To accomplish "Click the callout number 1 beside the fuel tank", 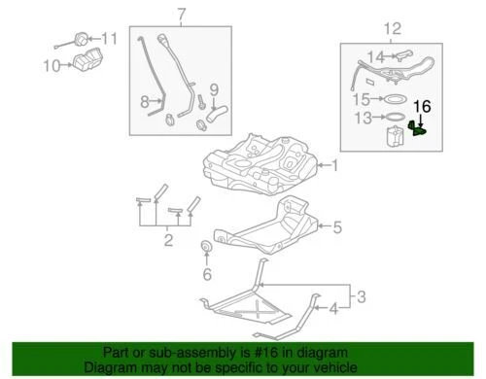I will point(335,165).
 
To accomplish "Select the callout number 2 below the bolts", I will point(167,239).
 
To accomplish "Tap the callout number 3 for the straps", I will point(359,296).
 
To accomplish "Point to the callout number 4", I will point(334,310).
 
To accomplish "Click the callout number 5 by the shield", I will point(337,228).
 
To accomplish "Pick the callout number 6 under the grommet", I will point(206,275).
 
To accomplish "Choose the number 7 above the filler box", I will point(180,14).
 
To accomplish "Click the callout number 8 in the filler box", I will point(144,99).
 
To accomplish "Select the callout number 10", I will point(51,66).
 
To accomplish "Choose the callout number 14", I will point(376,56).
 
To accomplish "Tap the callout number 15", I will point(361,98).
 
